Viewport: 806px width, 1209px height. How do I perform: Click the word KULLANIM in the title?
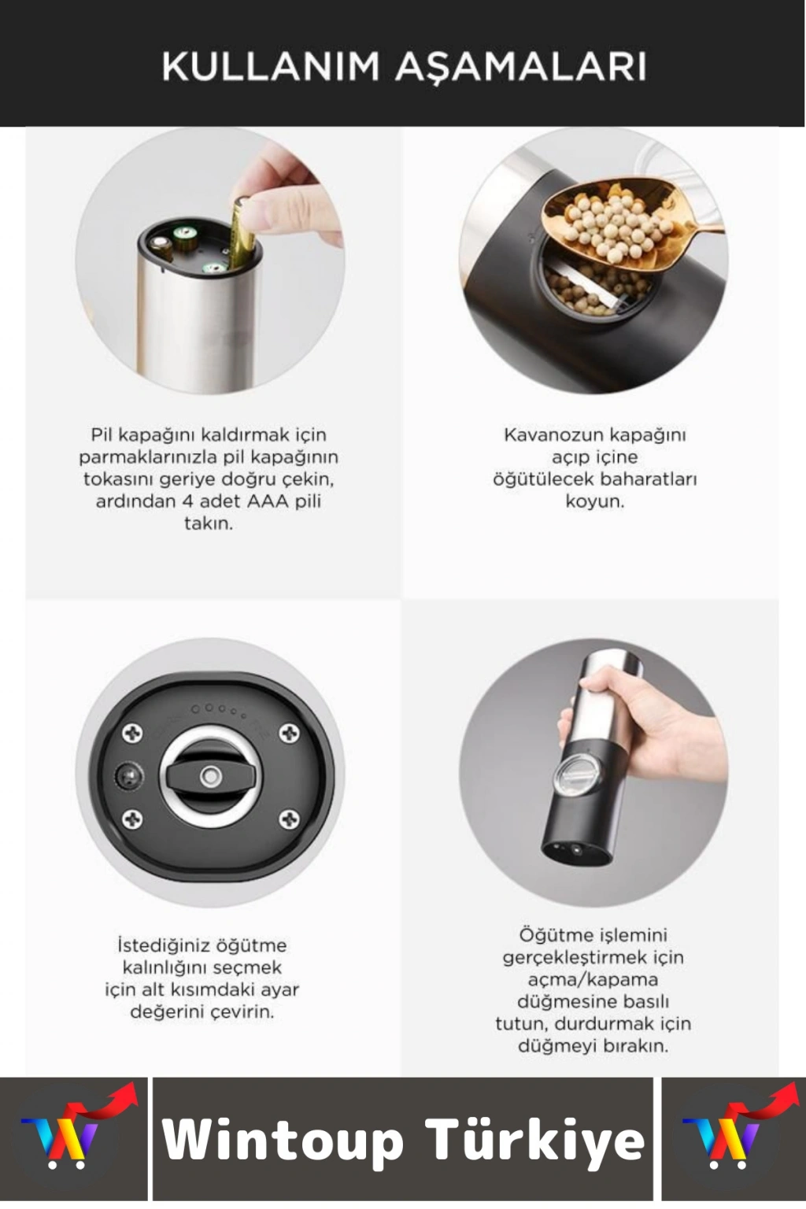[262, 68]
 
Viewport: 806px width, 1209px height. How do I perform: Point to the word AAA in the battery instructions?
[268, 501]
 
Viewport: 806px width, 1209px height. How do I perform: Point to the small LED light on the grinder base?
[124, 777]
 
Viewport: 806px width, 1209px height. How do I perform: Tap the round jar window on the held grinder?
[579, 777]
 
